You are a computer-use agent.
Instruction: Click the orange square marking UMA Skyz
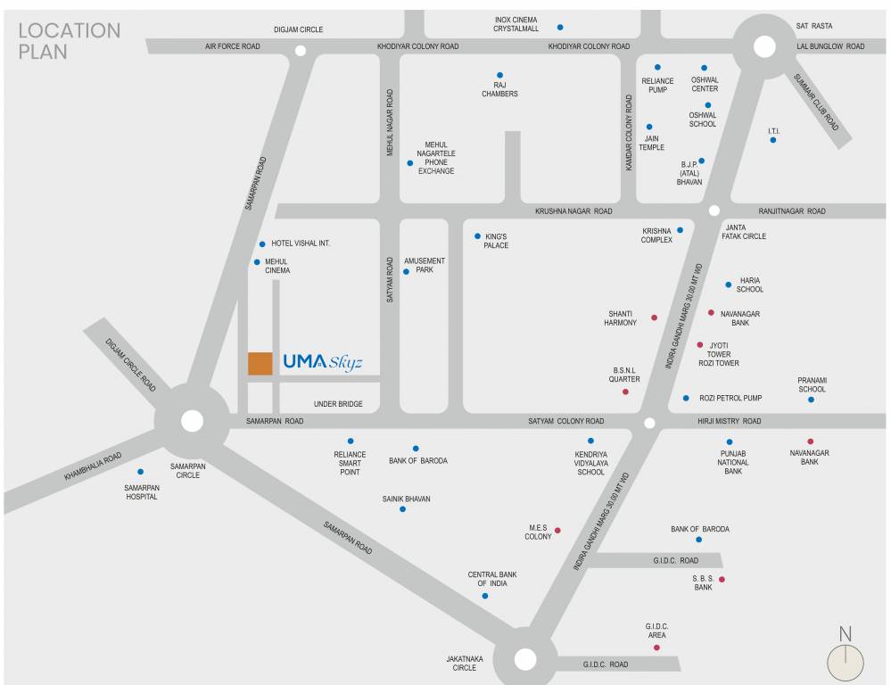(260, 363)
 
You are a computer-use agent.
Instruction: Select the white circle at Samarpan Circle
(192, 421)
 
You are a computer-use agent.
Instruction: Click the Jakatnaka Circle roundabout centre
(524, 659)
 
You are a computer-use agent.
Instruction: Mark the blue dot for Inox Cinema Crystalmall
(560, 27)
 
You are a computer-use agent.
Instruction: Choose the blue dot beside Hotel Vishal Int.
(262, 243)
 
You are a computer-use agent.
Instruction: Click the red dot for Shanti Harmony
(654, 318)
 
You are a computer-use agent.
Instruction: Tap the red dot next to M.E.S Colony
(557, 531)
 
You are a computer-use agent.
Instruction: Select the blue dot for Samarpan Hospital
(140, 472)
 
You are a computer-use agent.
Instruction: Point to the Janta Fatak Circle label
(746, 231)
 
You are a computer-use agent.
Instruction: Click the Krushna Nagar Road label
(573, 211)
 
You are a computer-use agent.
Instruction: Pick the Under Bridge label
(338, 404)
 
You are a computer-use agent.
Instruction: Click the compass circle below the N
(846, 664)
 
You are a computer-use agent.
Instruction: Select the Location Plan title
(69, 41)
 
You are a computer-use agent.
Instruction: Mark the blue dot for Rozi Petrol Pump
(686, 398)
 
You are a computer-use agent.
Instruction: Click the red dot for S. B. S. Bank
(722, 580)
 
